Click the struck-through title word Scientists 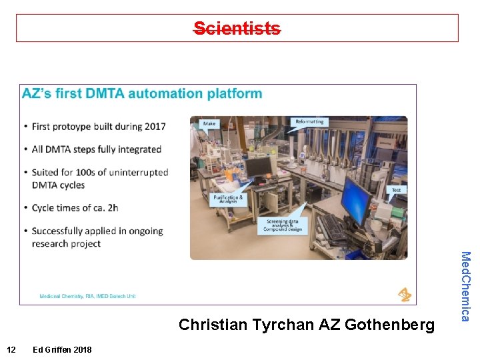237,28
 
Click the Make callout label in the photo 210,124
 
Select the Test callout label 396,190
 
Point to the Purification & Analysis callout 228,199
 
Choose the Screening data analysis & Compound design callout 283,225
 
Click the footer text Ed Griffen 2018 62,350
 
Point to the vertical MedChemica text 466,286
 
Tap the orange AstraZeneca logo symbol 404,294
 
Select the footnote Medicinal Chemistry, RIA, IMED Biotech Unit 87,295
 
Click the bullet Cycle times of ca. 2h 75,208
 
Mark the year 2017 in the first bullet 154,127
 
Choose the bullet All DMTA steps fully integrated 97,149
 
